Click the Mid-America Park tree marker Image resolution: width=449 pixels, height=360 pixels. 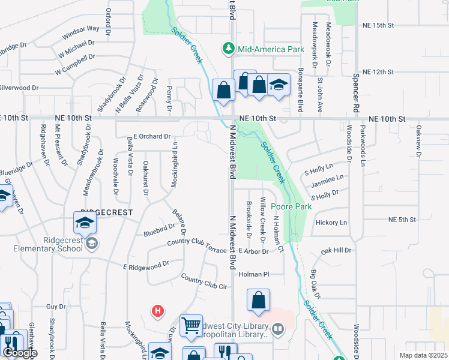228,48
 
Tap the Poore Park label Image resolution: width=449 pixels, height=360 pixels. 296,206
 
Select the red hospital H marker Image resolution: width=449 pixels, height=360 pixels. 157,311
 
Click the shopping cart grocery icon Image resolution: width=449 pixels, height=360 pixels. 191,326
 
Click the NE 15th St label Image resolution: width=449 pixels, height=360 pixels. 378,26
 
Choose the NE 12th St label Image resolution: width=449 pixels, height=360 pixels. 378,72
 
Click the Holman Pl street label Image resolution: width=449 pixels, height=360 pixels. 252,274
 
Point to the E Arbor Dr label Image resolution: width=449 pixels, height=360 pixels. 253,251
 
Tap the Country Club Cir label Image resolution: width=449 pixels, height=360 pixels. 204,283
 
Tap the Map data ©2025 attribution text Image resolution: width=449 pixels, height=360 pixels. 424,355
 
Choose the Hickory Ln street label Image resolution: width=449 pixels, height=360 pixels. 331,223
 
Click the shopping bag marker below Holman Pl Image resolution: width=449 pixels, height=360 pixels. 258,301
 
